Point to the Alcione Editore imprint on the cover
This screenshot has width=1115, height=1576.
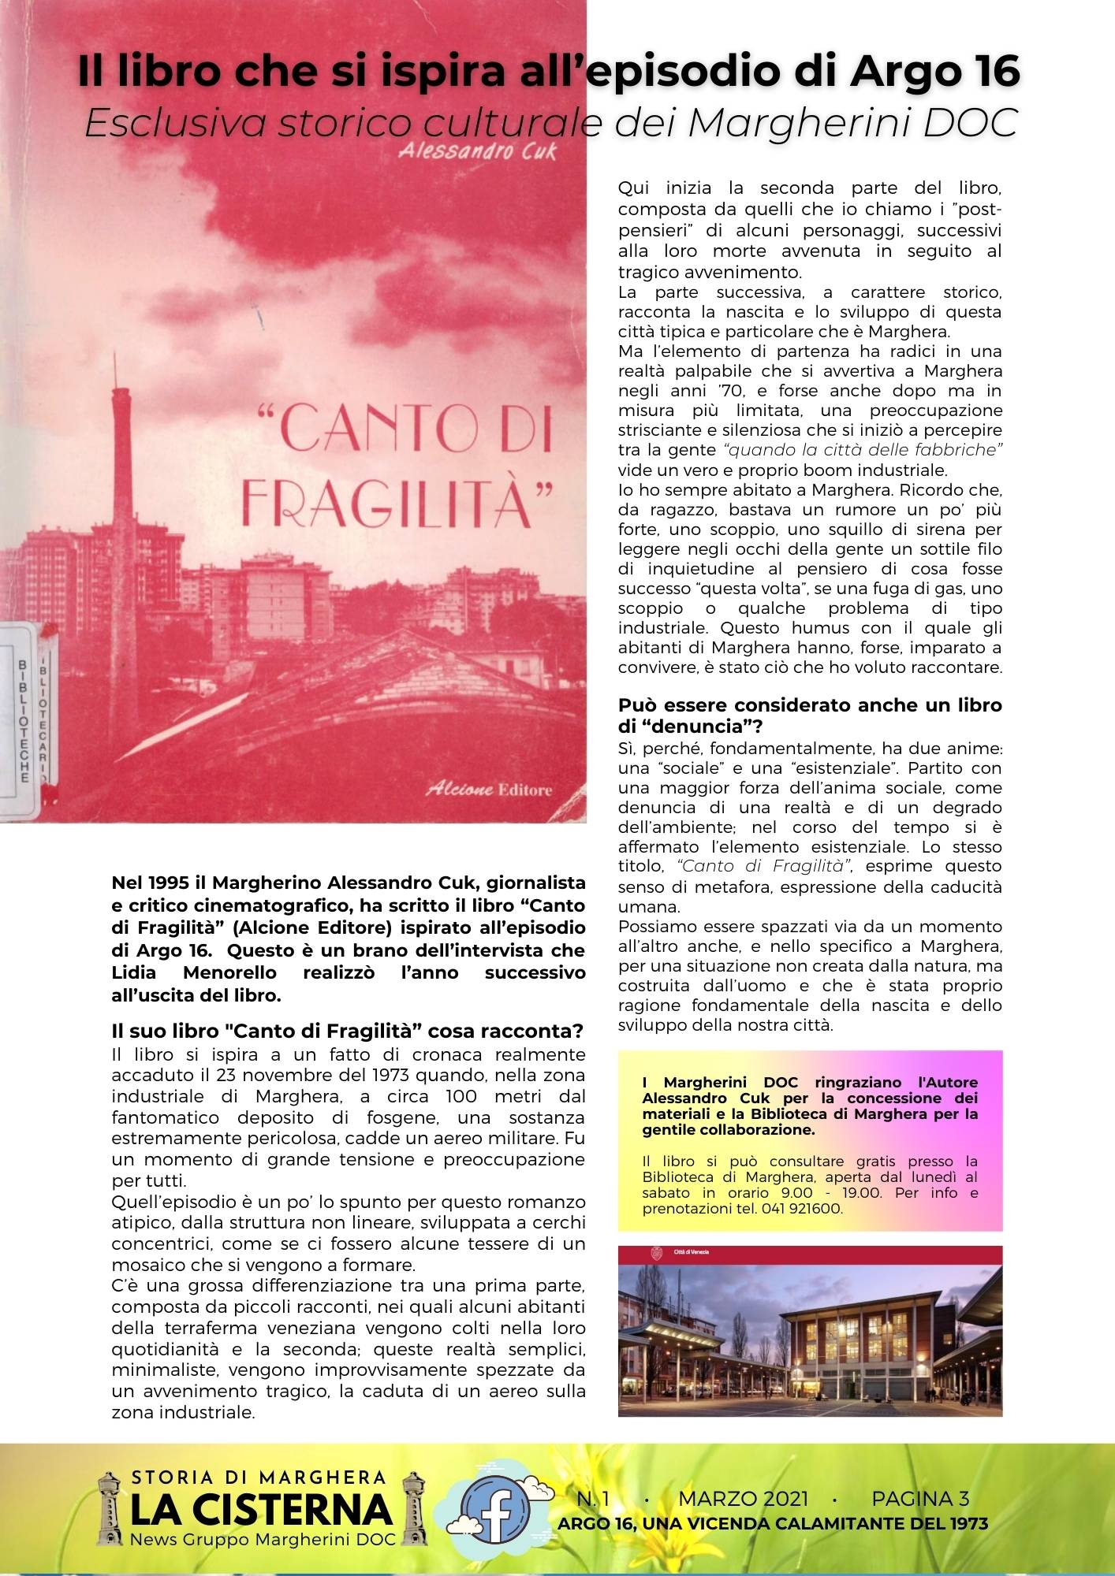pyautogui.click(x=489, y=790)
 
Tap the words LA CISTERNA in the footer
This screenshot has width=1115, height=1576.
pyautogui.click(x=260, y=1509)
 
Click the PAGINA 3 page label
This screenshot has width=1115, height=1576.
pyautogui.click(x=919, y=1499)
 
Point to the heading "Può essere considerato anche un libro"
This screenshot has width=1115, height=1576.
pyautogui.click(x=809, y=705)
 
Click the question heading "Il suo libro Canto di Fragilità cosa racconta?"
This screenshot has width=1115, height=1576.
pyautogui.click(x=347, y=1031)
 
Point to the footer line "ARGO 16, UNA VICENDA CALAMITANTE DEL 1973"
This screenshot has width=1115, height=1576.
pyautogui.click(x=772, y=1524)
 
